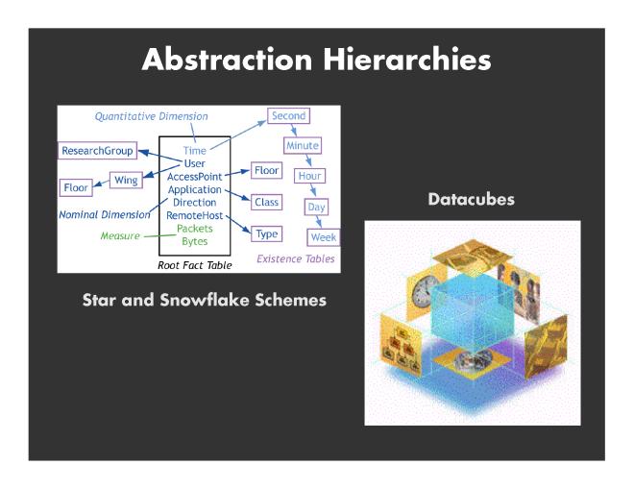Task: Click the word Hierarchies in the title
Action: [x=406, y=60]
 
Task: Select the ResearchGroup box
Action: [x=97, y=151]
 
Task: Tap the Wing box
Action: [x=126, y=180]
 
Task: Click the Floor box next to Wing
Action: [x=76, y=187]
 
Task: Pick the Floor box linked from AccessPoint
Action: [x=266, y=170]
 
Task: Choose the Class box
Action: [x=266, y=202]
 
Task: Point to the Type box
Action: [x=266, y=233]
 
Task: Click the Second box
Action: [x=289, y=115]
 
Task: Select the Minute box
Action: [x=303, y=145]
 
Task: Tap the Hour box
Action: [x=309, y=176]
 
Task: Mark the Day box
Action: [x=316, y=207]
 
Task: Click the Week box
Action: [x=324, y=237]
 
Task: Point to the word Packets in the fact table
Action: [x=194, y=229]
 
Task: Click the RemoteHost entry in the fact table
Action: [x=194, y=215]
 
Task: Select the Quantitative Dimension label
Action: [x=151, y=116]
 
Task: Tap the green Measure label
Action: [x=120, y=235]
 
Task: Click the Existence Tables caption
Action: [x=296, y=258]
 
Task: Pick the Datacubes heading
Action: [x=472, y=199]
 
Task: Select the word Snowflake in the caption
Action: [x=205, y=300]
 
